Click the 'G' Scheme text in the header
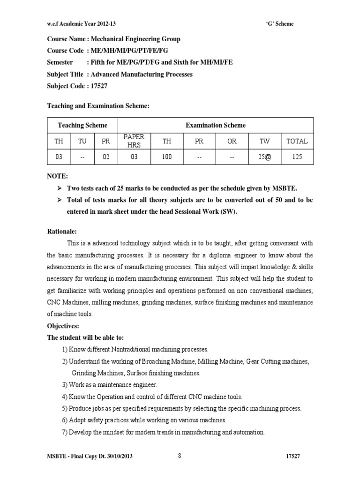pyautogui.click(x=279, y=24)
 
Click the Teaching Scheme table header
pyautogui.click(x=82, y=125)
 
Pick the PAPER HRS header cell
pyautogui.click(x=134, y=141)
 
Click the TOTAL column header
pyautogui.click(x=297, y=141)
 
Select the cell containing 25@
pyautogui.click(x=264, y=157)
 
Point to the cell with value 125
pyautogui.click(x=297, y=157)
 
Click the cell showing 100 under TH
pyautogui.click(x=167, y=157)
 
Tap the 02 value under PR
pyautogui.click(x=105, y=157)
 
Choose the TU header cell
pyautogui.click(x=82, y=141)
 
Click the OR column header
pyautogui.click(x=232, y=141)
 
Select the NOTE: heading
pyautogui.click(x=58, y=176)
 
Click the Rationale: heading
pyautogui.click(x=62, y=231)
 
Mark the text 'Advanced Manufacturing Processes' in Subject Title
pyautogui.click(x=141, y=75)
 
